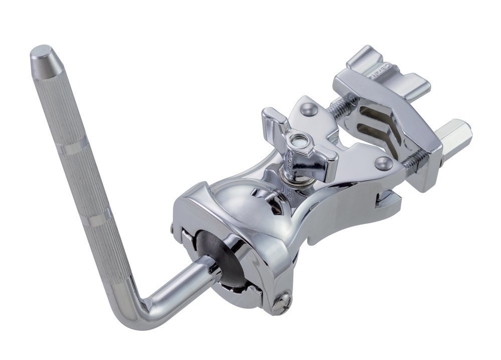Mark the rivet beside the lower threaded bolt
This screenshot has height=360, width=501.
[x=384, y=163]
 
